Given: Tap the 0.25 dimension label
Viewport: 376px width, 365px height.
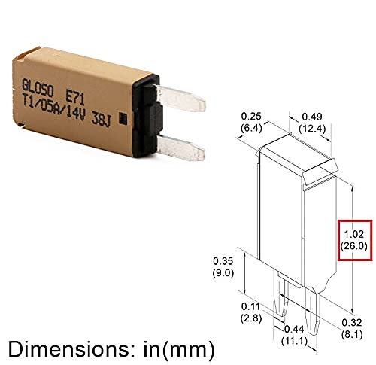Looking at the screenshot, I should click(x=251, y=116).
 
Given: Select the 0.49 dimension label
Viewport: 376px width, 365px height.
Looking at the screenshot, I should click(x=313, y=116).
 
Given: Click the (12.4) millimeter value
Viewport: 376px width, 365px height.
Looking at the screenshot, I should click(x=313, y=128).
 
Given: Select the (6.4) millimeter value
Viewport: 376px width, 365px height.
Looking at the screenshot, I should click(x=251, y=128).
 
